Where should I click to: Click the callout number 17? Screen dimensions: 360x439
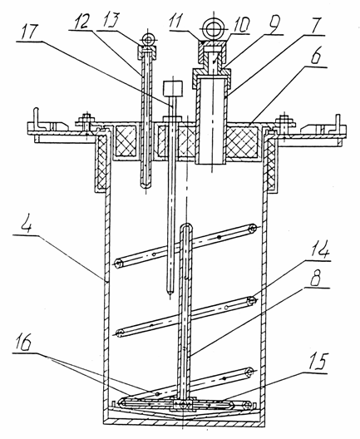(27, 32)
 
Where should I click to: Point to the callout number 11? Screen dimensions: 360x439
(176, 21)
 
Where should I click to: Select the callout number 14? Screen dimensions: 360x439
(319, 252)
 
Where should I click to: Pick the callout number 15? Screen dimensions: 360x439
(318, 363)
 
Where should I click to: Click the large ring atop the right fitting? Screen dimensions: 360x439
(215, 19)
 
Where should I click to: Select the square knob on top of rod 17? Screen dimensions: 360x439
(173, 88)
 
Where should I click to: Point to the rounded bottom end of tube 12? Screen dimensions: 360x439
(145, 185)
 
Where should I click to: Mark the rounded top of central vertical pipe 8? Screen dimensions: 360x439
(185, 224)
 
